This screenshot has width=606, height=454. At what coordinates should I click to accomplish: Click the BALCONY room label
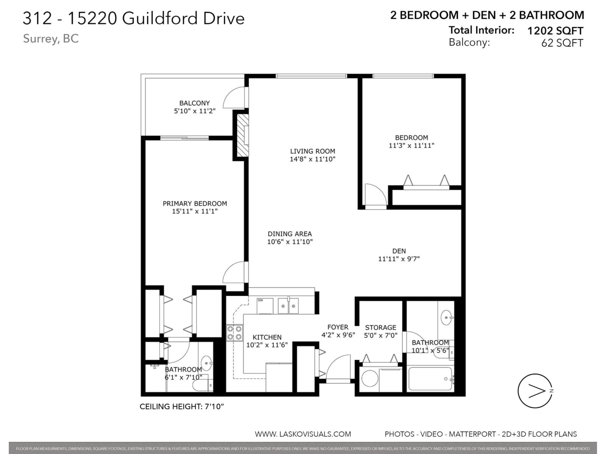195,103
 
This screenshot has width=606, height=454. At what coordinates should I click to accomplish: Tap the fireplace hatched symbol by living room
242,135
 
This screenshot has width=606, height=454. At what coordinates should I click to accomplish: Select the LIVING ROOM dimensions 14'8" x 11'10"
313,159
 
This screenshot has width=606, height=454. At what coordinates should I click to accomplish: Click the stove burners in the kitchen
235,333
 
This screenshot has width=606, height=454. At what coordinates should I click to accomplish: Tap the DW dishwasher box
265,306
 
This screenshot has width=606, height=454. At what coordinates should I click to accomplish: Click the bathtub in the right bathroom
430,379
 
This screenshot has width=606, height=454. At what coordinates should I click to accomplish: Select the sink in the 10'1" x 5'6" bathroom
447,318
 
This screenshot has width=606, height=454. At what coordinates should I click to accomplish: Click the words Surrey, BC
51,39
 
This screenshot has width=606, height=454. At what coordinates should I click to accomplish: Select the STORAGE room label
380,327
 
